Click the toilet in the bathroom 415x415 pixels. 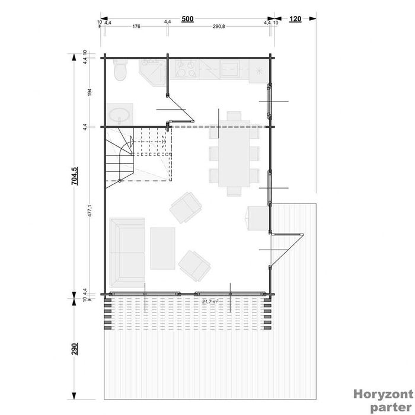pos(120,72)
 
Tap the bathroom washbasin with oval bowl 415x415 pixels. pos(120,114)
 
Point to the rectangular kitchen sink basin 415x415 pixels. pos(229,69)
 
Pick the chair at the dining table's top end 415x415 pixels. pos(234,116)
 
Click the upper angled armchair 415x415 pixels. pos(186,207)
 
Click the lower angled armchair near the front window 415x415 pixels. pos(196,264)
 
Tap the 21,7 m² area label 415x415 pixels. pos(209,302)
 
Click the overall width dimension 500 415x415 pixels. pos(187,19)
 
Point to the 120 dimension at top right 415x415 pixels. pos(295,19)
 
